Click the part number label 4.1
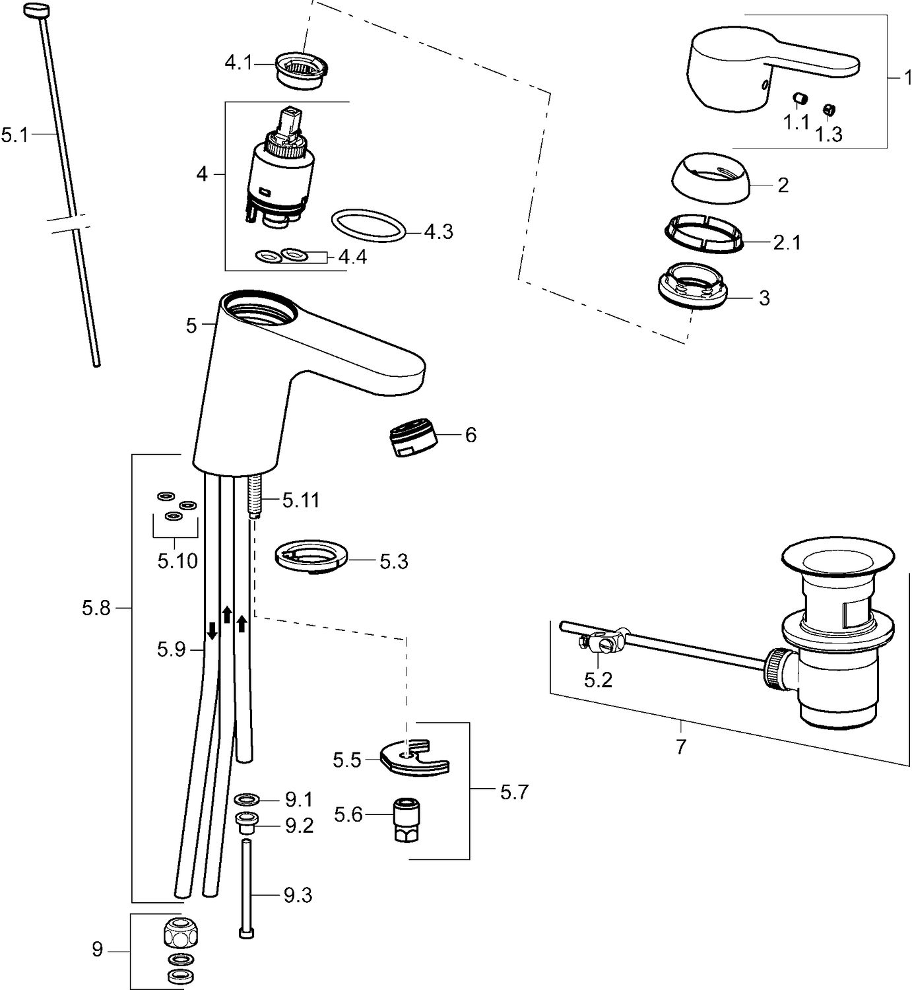pos(238,63)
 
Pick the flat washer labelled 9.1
pos(247,800)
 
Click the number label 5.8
pos(96,608)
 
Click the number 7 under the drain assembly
pos(681,746)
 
